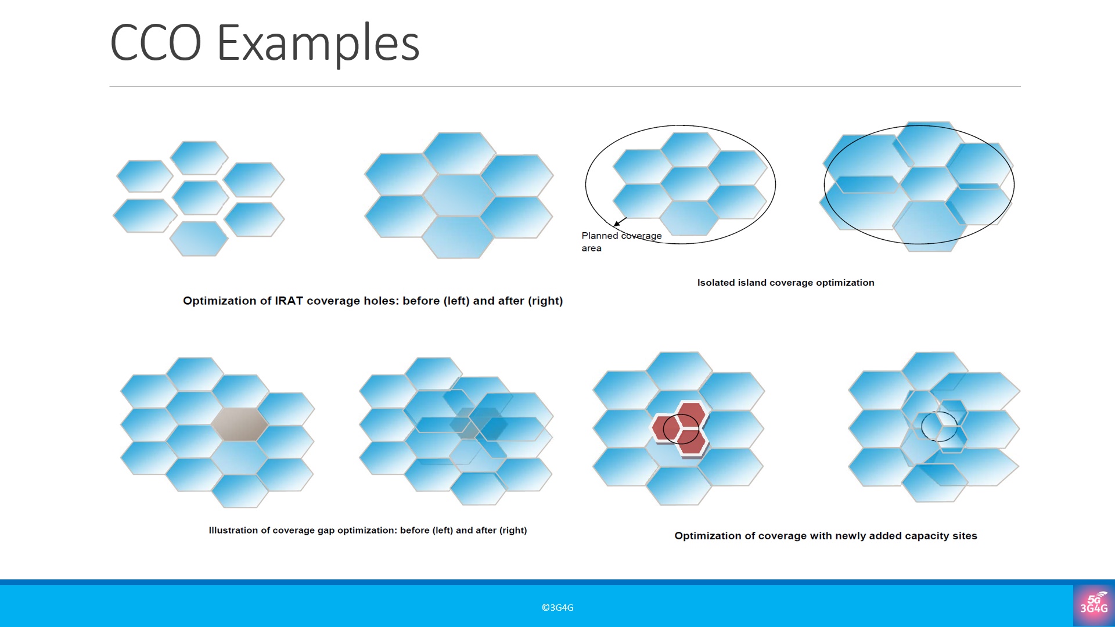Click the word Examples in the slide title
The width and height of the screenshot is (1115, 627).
tap(318, 44)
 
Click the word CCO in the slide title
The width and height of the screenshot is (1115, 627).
tap(156, 42)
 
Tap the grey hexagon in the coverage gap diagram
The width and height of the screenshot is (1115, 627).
tap(239, 424)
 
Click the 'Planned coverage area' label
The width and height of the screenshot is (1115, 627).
tap(621, 242)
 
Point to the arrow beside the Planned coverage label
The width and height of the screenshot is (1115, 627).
tap(620, 222)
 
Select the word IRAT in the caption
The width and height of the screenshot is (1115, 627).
tap(289, 301)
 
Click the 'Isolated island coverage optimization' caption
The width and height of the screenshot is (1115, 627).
tap(786, 283)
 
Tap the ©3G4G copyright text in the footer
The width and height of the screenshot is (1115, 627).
tap(557, 607)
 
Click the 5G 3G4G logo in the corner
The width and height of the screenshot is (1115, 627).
tap(1094, 605)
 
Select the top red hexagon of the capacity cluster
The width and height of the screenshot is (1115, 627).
tap(691, 413)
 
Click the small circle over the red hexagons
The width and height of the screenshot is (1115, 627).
tap(681, 429)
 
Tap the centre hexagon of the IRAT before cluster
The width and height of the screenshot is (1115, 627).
tap(200, 197)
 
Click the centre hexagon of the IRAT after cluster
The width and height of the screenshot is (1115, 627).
tap(459, 194)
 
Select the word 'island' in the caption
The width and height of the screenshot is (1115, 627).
tap(752, 283)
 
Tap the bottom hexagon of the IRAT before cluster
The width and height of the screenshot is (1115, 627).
tap(199, 239)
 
